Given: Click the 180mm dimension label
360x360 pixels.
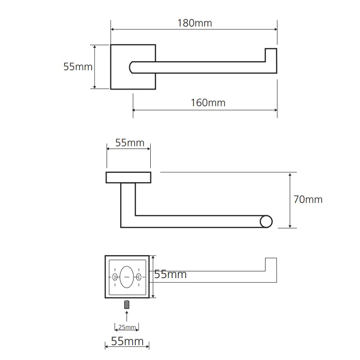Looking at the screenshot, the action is pos(195,23).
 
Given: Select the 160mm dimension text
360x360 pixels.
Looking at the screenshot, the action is pos(208,103).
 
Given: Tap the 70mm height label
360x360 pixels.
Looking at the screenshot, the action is pos(308,199).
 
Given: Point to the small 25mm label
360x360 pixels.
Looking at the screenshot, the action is pos(127,327).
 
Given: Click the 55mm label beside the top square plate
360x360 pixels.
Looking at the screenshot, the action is pos(78,67).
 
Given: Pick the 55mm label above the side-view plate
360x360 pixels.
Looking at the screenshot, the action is pos(130,143).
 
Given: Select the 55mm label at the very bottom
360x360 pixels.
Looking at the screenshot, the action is pos(127,341).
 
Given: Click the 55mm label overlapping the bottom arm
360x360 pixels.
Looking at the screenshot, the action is pos(170,274).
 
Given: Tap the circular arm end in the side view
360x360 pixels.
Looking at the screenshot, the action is pos(266,221).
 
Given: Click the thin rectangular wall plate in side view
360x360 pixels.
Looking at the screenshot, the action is pos(128,177).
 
